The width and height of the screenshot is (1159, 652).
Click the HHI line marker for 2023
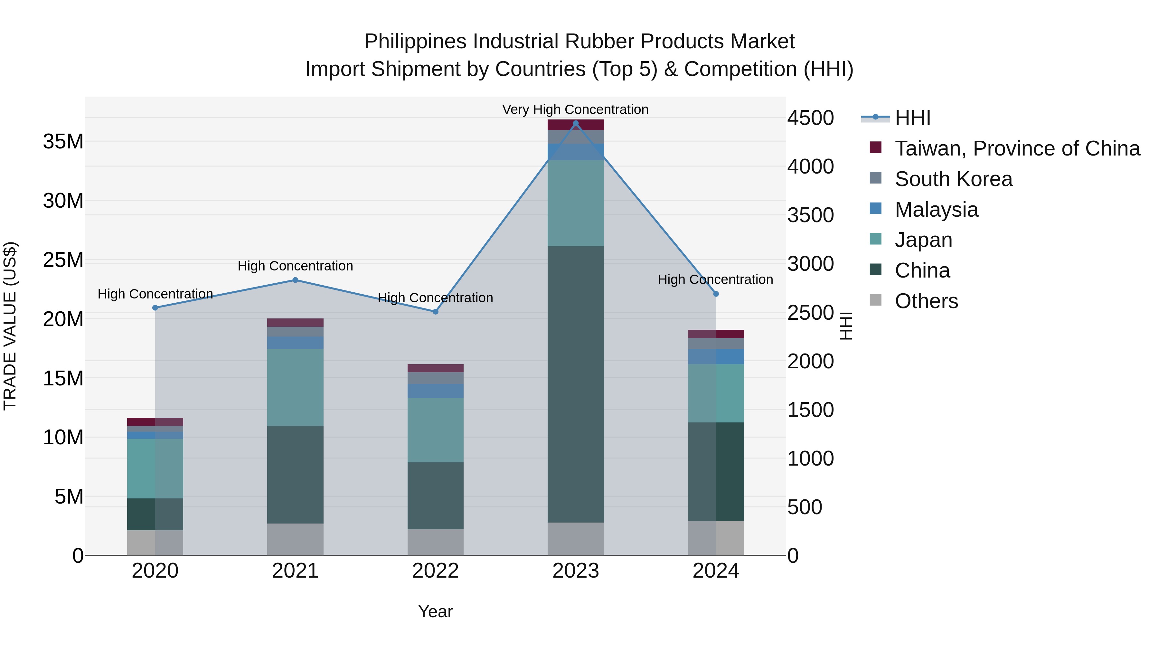(575, 123)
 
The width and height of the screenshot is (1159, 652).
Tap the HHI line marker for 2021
(295, 280)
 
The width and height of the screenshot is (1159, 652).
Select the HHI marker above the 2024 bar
(716, 294)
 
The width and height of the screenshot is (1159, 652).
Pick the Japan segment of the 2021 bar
(295, 387)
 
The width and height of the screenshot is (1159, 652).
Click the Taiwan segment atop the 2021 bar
(295, 323)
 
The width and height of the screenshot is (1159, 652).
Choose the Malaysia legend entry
(936, 210)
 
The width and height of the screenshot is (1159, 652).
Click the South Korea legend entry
(953, 179)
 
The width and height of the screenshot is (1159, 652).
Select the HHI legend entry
(912, 118)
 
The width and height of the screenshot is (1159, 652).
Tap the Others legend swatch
(876, 300)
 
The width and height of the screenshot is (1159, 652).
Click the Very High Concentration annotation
(575, 109)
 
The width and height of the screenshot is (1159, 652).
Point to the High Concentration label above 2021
(295, 266)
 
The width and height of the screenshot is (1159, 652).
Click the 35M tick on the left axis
(63, 142)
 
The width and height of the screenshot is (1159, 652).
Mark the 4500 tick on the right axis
(810, 118)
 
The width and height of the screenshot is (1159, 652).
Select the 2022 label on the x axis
(435, 571)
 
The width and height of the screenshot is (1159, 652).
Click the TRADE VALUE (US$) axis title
(10, 326)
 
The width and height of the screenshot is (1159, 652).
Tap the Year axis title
(435, 611)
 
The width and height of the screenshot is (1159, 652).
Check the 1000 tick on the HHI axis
(810, 458)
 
